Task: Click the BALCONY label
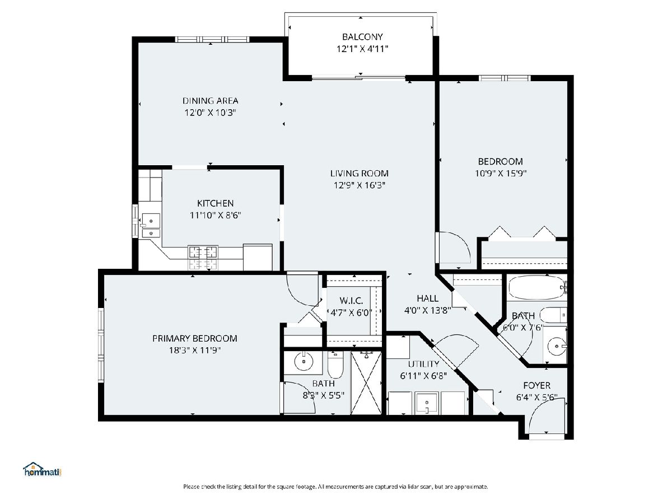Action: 362,37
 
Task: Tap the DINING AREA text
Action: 211,101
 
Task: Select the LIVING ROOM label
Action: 359,174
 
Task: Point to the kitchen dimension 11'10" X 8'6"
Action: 215,216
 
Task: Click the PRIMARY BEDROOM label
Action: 195,338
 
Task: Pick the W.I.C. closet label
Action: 351,301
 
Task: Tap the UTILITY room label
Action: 423,364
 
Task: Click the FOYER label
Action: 536,385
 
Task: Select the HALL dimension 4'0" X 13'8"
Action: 428,311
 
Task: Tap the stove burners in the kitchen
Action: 203,258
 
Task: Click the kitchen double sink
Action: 151,226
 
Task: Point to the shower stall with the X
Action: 366,382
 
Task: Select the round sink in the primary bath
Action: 304,361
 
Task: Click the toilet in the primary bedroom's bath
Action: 335,365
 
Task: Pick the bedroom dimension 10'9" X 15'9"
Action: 500,174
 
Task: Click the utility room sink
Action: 427,403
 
